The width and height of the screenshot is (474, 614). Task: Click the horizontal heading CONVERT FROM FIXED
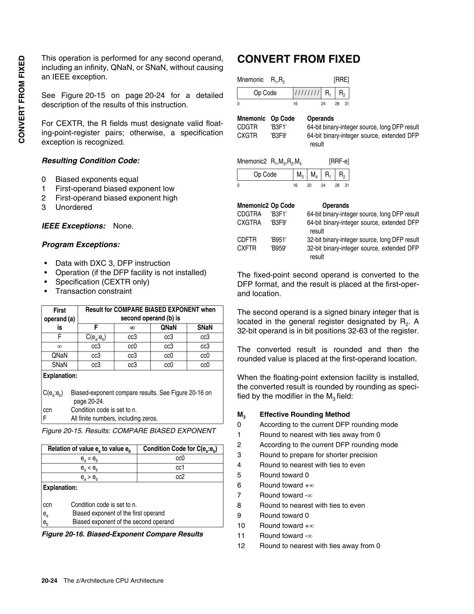point(298,59)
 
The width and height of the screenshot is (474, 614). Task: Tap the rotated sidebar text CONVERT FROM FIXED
point(21,99)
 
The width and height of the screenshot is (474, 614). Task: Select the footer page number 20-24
point(49,581)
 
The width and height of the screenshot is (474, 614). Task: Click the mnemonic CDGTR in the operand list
point(247,127)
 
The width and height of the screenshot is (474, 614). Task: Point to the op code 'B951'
point(279,239)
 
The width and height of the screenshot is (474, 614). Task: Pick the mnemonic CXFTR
point(246,248)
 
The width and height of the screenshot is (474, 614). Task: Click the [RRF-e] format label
point(339,161)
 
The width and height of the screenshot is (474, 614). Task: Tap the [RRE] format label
point(341,80)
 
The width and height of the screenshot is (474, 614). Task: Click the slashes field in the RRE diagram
point(307,93)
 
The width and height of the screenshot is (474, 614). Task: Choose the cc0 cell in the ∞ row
point(132,346)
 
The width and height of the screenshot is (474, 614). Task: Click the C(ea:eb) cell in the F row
point(96,337)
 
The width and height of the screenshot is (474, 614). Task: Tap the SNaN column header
point(205,328)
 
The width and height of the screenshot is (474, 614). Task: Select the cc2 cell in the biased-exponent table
point(180,477)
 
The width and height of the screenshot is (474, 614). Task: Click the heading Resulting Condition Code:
point(91,161)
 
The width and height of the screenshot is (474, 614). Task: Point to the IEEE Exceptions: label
point(74,226)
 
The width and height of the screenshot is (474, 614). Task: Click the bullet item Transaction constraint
point(93,291)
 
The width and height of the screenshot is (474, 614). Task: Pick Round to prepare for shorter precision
point(318,455)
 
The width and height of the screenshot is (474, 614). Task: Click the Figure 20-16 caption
point(122,534)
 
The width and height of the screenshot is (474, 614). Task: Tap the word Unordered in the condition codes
point(74,207)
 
